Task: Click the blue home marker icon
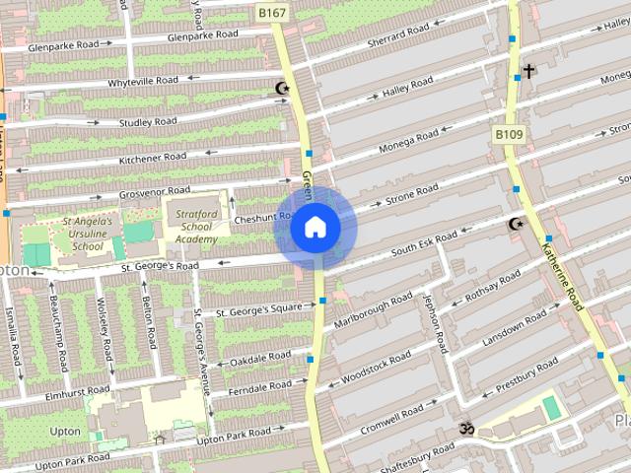[315, 228]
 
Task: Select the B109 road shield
[507, 133]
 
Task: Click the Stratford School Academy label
[195, 226]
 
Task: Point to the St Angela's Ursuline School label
[80, 235]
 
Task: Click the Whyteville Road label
[143, 80]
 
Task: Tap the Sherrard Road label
[393, 39]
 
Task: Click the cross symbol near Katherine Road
[527, 71]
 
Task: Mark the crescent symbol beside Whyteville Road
[283, 89]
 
